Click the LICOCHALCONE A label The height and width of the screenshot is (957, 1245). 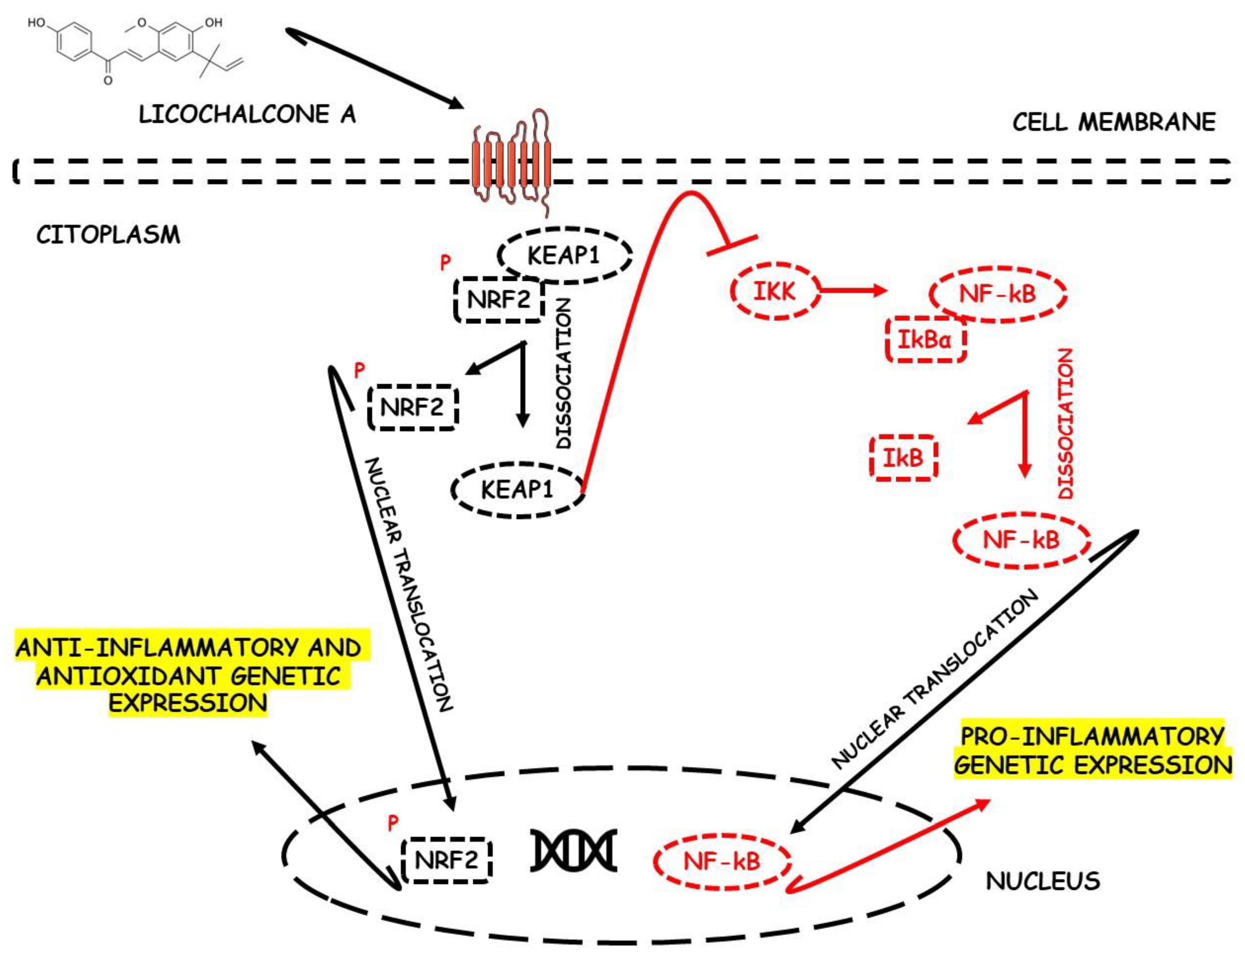247,114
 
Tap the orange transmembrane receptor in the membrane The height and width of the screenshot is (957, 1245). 511,165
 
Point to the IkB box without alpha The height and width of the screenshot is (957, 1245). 903,457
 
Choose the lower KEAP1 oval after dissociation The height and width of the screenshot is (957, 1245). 517,489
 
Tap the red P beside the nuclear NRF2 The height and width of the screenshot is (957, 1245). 393,823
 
